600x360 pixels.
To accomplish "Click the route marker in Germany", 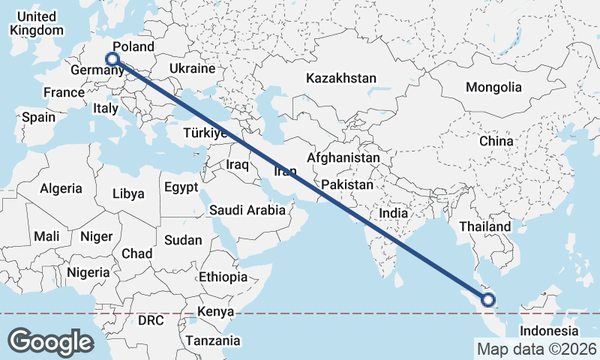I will pyautogui.click(x=112, y=58).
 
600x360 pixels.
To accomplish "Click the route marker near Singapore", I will pyautogui.click(x=488, y=300).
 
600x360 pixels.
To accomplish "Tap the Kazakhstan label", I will pyautogui.click(x=340, y=78).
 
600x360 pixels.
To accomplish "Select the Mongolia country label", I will pyautogui.click(x=493, y=87).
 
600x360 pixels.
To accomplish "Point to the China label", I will pyautogui.click(x=496, y=141).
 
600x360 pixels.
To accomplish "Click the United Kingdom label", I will pyautogui.click(x=35, y=23).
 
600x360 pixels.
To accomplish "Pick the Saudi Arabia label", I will pyautogui.click(x=247, y=210).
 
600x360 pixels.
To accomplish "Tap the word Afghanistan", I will pyautogui.click(x=343, y=158).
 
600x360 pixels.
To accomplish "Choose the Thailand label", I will pyautogui.click(x=485, y=226).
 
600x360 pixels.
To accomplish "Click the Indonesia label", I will pyautogui.click(x=550, y=331).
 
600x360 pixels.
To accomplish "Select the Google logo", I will pyautogui.click(x=51, y=341).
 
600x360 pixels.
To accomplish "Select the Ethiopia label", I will pyautogui.click(x=223, y=277).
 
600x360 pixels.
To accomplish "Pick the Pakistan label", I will pyautogui.click(x=346, y=184).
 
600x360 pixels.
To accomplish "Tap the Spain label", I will pyautogui.click(x=38, y=117).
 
